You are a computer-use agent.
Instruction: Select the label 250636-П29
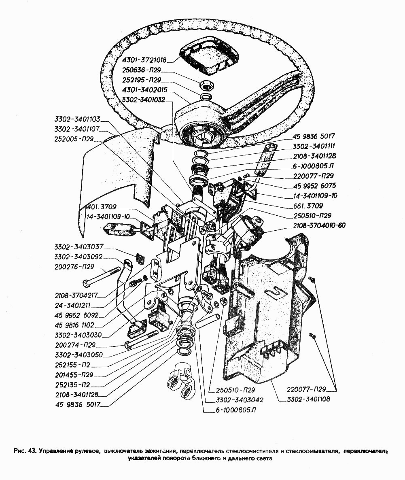point(141,70)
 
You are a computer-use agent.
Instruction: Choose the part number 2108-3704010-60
point(319,225)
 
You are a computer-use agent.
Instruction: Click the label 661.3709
point(308,206)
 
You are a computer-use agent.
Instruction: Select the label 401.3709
point(102,207)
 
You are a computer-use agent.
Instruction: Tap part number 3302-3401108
point(309,399)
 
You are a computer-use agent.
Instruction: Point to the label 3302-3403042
point(240,400)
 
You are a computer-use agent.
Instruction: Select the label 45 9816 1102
point(75,325)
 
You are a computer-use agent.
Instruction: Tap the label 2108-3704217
point(76,295)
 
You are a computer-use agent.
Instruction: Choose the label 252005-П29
point(74,139)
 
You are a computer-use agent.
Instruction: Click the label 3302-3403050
point(78,355)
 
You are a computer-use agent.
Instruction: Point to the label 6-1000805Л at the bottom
point(235,410)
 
